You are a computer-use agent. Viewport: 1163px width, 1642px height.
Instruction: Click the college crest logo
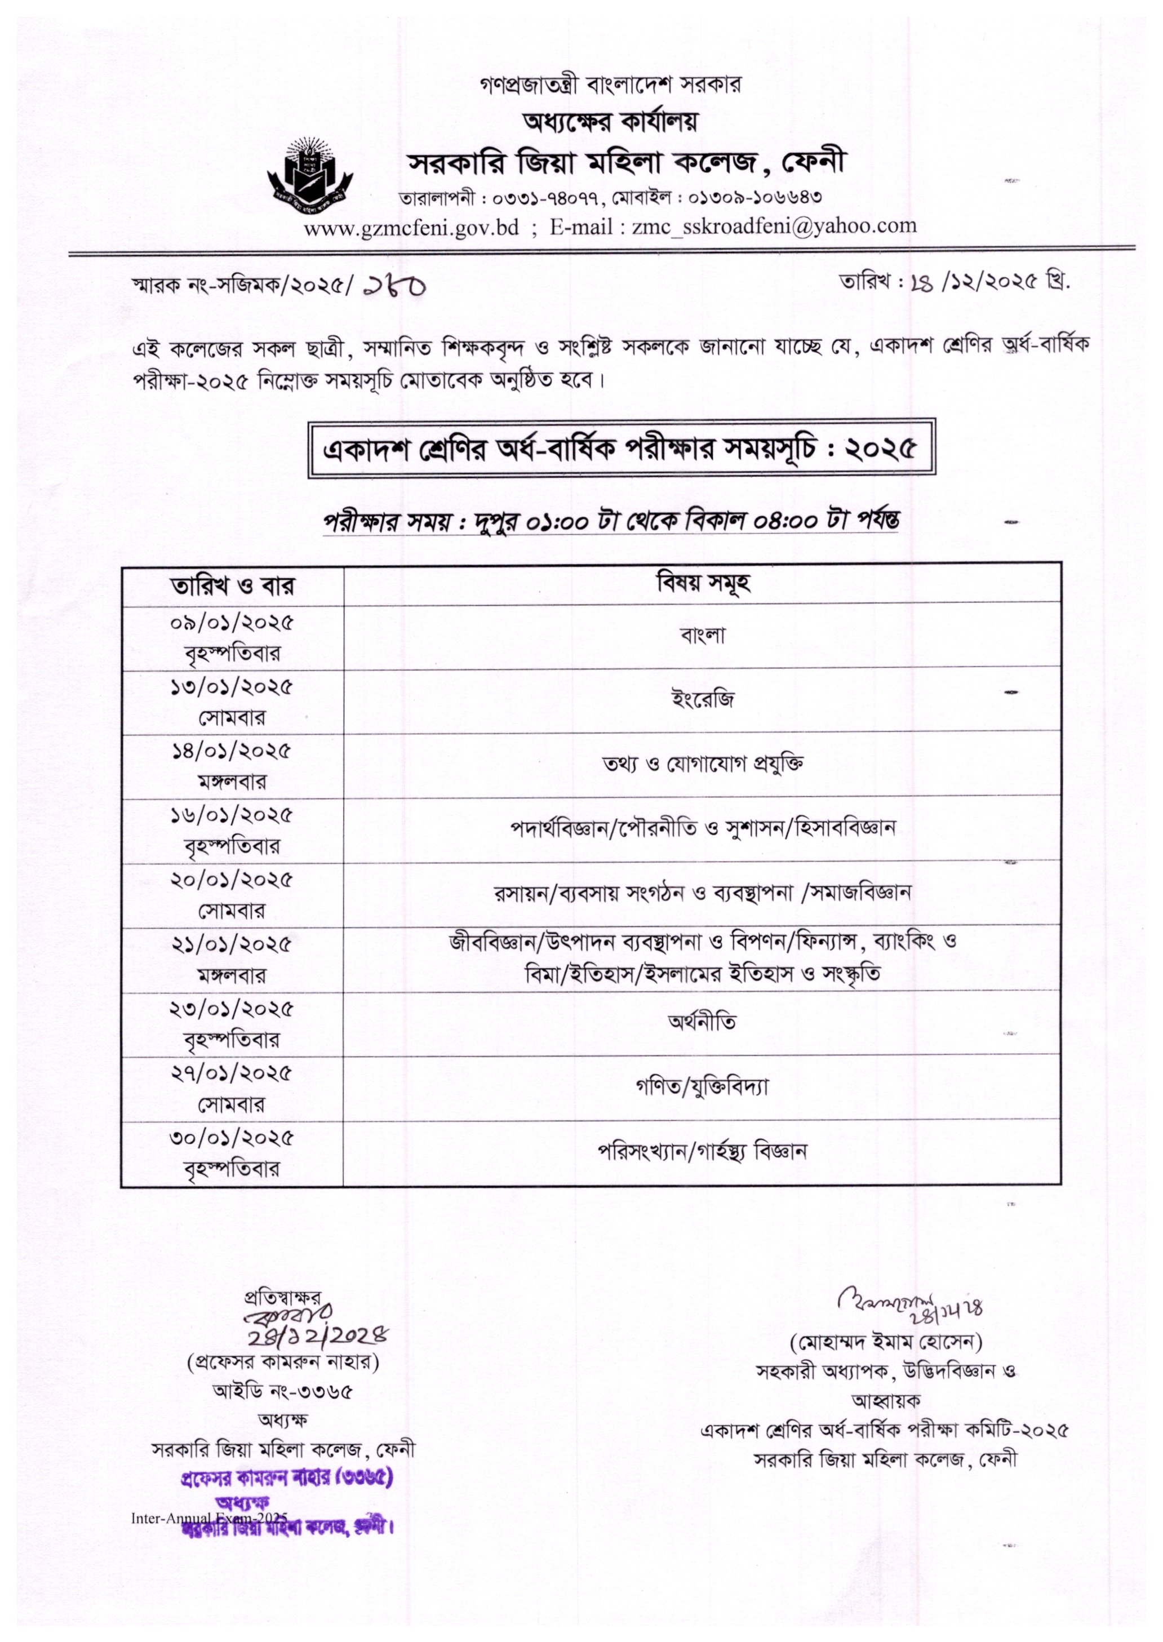point(312,169)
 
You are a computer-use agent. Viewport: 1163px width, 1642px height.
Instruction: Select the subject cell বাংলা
point(703,636)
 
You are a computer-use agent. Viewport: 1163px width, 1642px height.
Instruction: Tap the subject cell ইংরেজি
point(703,700)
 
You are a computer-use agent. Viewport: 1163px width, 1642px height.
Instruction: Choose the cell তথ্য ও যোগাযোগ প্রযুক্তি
point(703,764)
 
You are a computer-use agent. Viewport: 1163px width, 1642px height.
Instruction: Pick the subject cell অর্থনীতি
point(703,1021)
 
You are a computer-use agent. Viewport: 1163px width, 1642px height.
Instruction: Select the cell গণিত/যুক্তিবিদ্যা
point(703,1086)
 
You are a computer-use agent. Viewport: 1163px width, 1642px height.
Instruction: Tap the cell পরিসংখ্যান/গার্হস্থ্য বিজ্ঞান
point(703,1151)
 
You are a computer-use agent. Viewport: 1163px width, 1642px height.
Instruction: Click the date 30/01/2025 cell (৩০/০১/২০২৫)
point(232,1151)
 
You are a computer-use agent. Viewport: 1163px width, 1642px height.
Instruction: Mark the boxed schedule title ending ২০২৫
point(621,449)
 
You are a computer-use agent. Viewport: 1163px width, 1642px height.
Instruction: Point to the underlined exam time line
point(611,521)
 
